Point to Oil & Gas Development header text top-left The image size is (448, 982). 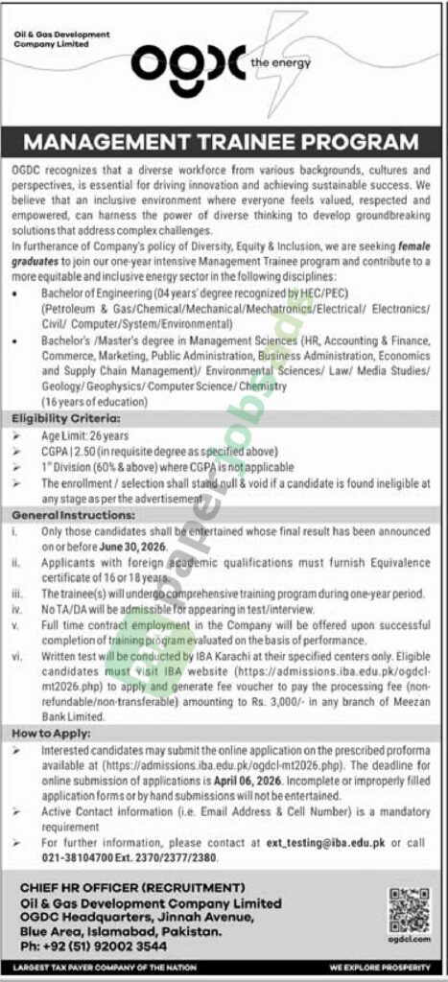[63, 38]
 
